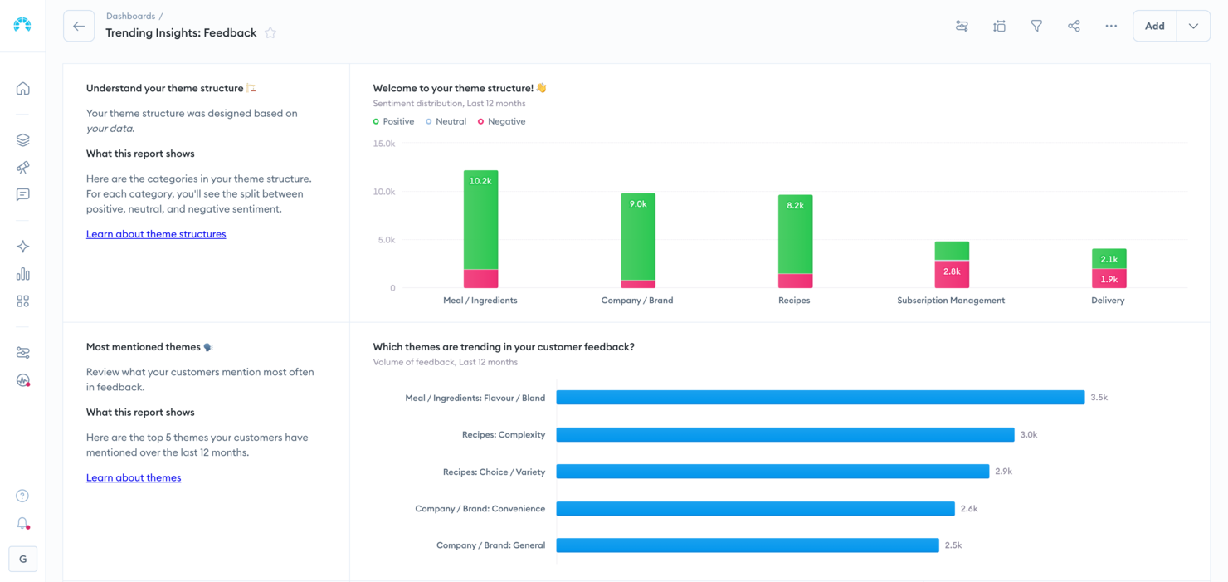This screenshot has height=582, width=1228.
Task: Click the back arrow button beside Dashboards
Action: tap(79, 27)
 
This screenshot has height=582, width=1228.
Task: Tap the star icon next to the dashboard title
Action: tap(270, 33)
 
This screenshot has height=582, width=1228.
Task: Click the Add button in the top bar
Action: tap(1154, 27)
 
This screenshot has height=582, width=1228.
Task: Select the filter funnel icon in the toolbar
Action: tap(1036, 27)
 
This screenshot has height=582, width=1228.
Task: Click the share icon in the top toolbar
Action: tap(1074, 27)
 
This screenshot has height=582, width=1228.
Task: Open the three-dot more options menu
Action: tap(1111, 27)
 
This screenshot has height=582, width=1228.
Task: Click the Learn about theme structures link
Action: tap(156, 234)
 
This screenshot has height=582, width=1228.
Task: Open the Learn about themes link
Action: tap(134, 477)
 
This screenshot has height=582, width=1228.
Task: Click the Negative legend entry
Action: tap(502, 121)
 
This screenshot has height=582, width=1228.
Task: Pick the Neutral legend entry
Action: tap(446, 121)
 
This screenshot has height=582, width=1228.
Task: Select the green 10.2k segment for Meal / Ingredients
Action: tap(480, 220)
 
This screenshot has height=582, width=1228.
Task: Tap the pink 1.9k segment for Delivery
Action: tap(1109, 279)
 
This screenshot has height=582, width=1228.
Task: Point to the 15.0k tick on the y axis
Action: tap(384, 144)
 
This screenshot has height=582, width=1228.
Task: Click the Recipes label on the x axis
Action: tap(794, 301)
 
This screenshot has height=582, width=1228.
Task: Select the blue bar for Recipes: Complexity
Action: tap(785, 434)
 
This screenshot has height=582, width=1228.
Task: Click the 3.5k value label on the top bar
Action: tap(1099, 398)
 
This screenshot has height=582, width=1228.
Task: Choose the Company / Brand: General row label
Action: tap(490, 545)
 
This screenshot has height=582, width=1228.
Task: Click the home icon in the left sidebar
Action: tap(23, 89)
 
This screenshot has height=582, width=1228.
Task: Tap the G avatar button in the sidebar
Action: tap(23, 559)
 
